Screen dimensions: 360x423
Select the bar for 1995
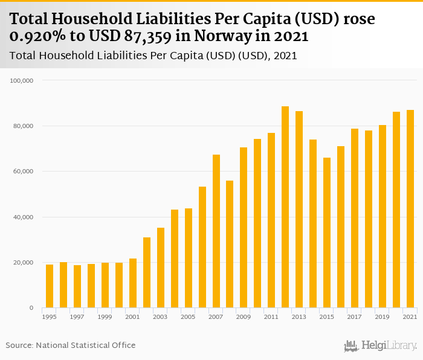tap(50, 286)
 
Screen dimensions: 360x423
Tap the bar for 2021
tap(410, 209)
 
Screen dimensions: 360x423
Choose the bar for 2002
tap(147, 272)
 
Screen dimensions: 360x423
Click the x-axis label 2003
tap(160, 317)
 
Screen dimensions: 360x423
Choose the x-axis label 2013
tap(299, 317)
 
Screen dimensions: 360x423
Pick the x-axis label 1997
tap(77, 317)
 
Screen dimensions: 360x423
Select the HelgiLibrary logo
tap(381, 346)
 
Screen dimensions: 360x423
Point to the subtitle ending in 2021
tap(153, 56)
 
